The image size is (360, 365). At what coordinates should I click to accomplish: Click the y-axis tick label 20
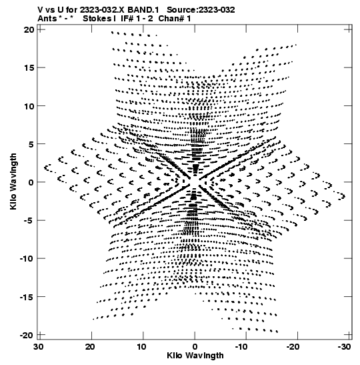point(29,30)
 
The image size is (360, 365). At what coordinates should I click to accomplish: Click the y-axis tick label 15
point(29,68)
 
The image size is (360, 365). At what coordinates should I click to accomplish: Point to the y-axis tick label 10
point(29,106)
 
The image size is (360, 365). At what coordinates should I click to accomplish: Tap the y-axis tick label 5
point(31,144)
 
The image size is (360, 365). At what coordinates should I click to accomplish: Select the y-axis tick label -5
point(29,220)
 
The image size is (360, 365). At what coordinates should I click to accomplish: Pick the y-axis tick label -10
point(27,259)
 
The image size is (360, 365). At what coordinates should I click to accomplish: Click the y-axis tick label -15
point(27,297)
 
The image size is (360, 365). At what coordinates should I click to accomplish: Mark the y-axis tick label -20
point(27,335)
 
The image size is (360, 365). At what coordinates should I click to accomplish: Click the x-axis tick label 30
point(39,347)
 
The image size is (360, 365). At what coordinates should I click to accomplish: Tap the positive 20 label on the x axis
point(90,347)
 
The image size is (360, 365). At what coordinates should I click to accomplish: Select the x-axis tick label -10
point(241,347)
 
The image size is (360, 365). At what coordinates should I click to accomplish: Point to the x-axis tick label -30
point(344,347)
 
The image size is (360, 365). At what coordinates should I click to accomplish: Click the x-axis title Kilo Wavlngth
point(195,356)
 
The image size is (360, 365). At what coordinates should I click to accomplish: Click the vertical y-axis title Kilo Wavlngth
point(13,181)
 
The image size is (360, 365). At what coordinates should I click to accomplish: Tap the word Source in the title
point(182,10)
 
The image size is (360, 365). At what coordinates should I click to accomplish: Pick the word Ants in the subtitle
point(47,19)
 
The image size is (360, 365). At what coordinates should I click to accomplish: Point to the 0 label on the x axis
point(195,347)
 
